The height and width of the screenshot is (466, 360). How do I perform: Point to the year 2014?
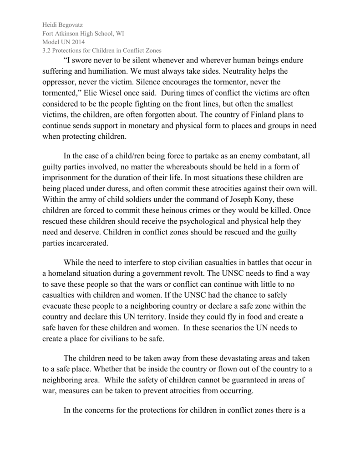click(77, 42)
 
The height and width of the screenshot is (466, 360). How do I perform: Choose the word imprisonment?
click(66, 177)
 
